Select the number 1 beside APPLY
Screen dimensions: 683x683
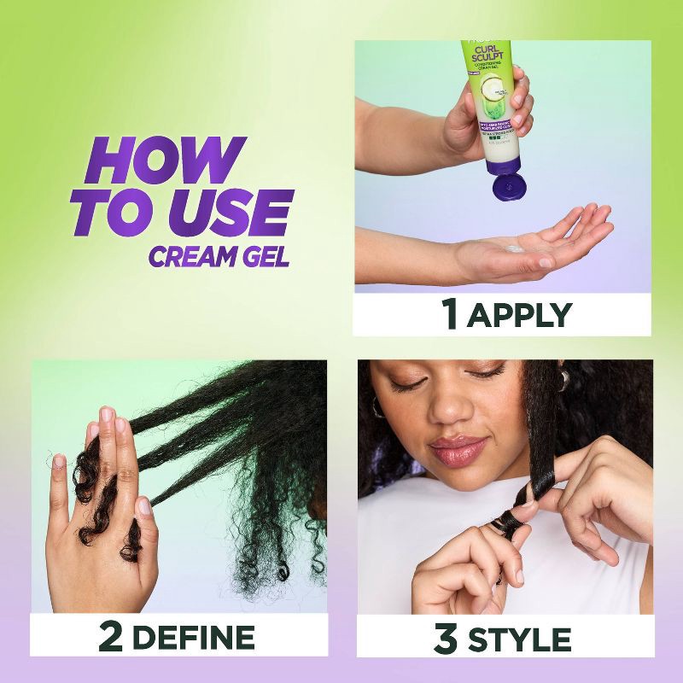pyautogui.click(x=450, y=314)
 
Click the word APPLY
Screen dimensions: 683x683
pyautogui.click(x=520, y=315)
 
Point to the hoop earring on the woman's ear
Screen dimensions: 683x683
pyautogui.click(x=377, y=407)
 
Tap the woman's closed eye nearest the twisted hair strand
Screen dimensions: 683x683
pyautogui.click(x=487, y=375)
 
